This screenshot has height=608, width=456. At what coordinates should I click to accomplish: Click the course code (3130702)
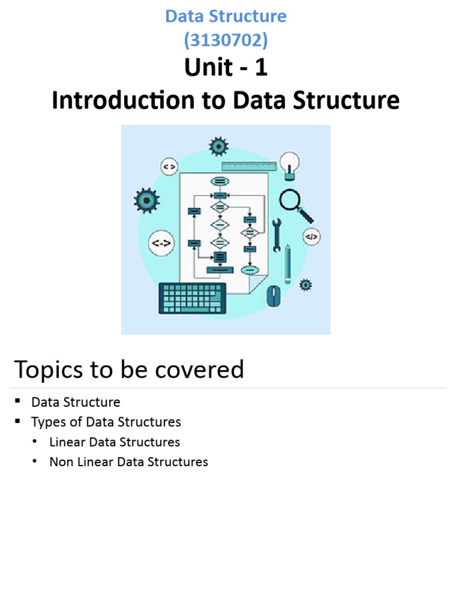click(x=226, y=40)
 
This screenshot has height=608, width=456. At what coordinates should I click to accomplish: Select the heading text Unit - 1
click(x=226, y=68)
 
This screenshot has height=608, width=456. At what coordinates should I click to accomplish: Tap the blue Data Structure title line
click(x=226, y=16)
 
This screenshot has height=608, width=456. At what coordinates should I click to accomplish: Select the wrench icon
click(x=276, y=236)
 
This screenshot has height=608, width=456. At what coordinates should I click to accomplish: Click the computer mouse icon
click(x=273, y=295)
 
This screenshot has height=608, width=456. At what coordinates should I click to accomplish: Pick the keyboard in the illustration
click(x=192, y=297)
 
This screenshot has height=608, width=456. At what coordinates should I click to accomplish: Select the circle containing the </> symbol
click(x=311, y=236)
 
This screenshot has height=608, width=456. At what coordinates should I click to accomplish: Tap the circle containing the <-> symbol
click(x=161, y=243)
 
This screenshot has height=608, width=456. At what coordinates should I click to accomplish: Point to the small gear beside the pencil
click(x=305, y=284)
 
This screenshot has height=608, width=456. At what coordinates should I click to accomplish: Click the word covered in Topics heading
click(x=203, y=369)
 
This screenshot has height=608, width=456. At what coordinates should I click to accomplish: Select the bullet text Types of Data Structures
click(x=106, y=422)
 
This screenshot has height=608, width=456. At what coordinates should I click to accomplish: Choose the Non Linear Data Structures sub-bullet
click(x=128, y=461)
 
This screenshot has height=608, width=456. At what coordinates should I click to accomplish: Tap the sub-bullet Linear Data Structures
click(x=115, y=442)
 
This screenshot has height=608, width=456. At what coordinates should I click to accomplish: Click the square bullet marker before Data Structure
click(x=19, y=402)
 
